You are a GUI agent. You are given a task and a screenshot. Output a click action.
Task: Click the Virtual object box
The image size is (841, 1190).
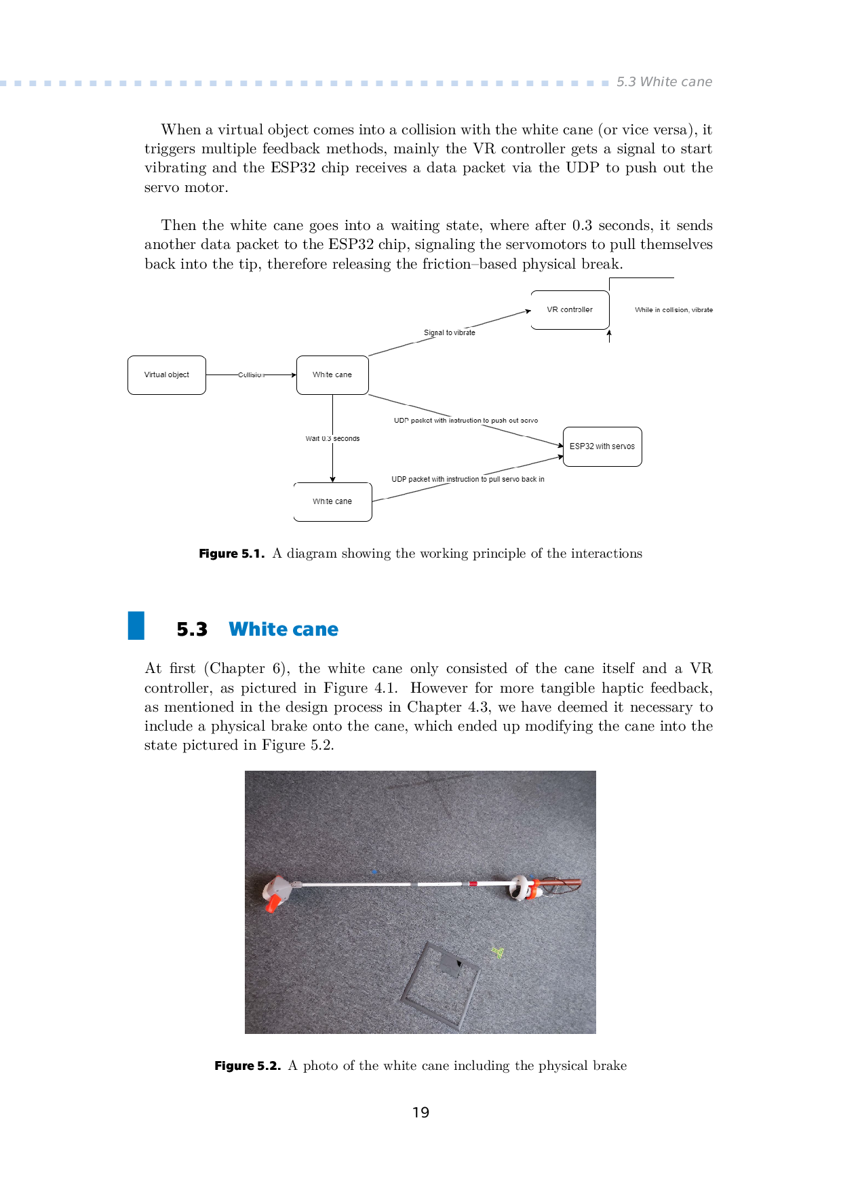[x=167, y=375]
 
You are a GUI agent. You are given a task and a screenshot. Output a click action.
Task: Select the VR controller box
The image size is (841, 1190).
[x=570, y=310]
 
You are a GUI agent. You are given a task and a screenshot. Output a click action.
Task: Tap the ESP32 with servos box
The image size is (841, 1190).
[x=602, y=446]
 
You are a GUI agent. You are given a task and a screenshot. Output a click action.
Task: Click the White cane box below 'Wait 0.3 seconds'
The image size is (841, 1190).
[x=332, y=502]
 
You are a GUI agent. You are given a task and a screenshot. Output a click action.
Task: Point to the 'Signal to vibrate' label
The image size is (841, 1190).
[x=450, y=332]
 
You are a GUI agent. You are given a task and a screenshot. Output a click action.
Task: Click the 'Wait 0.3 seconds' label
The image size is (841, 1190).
[x=332, y=439]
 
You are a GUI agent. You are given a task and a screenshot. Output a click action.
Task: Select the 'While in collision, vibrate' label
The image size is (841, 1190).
[x=673, y=310]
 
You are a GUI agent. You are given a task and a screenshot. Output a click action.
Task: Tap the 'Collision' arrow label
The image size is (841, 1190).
[x=251, y=375]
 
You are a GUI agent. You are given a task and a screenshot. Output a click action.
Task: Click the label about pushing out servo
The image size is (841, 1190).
[x=466, y=421]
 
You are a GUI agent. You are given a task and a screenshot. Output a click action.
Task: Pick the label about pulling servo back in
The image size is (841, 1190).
[x=467, y=479]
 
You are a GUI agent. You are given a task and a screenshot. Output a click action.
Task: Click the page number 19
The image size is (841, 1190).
[x=420, y=1113]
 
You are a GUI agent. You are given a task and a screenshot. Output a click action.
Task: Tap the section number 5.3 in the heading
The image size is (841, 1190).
[x=192, y=630]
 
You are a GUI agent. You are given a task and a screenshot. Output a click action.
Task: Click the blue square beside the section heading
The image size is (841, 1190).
[x=136, y=626]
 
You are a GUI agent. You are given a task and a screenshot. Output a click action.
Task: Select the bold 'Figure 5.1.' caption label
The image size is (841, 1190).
[x=231, y=554]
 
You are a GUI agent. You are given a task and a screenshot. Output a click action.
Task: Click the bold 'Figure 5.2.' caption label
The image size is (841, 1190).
[x=247, y=1066]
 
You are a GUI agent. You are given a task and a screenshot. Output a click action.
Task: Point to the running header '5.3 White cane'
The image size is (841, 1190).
[x=664, y=82]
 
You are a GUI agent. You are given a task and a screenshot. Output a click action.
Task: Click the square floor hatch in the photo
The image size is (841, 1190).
[x=441, y=984]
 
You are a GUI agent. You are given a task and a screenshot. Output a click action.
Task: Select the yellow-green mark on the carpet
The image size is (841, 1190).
[x=498, y=953]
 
